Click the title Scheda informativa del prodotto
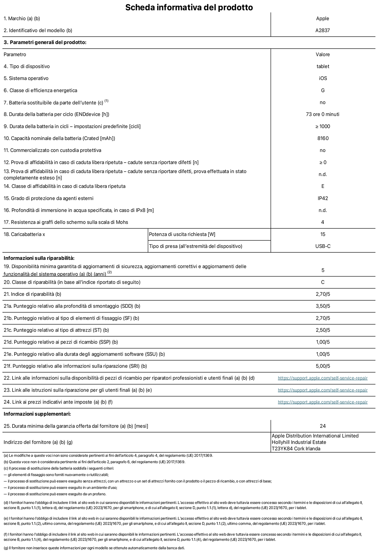coord(189,7)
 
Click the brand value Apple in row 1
coord(322,19)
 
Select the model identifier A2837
coord(322,30)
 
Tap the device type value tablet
coord(322,66)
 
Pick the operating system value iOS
coord(323,78)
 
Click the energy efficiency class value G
coord(322,90)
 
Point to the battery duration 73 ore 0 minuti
coord(322,114)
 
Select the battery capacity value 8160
coord(323,138)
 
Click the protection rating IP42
coord(323,198)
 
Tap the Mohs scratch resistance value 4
coord(322,222)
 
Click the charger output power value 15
coord(322,234)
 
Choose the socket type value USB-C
coord(323,246)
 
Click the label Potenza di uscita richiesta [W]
coord(182,234)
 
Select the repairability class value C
coord(322,282)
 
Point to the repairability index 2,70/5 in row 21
coord(323,294)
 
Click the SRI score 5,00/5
coord(323,366)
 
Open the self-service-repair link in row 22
coord(322,378)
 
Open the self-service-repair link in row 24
coord(322,402)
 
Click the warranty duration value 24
coord(322,426)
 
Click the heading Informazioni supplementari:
coord(37,414)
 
